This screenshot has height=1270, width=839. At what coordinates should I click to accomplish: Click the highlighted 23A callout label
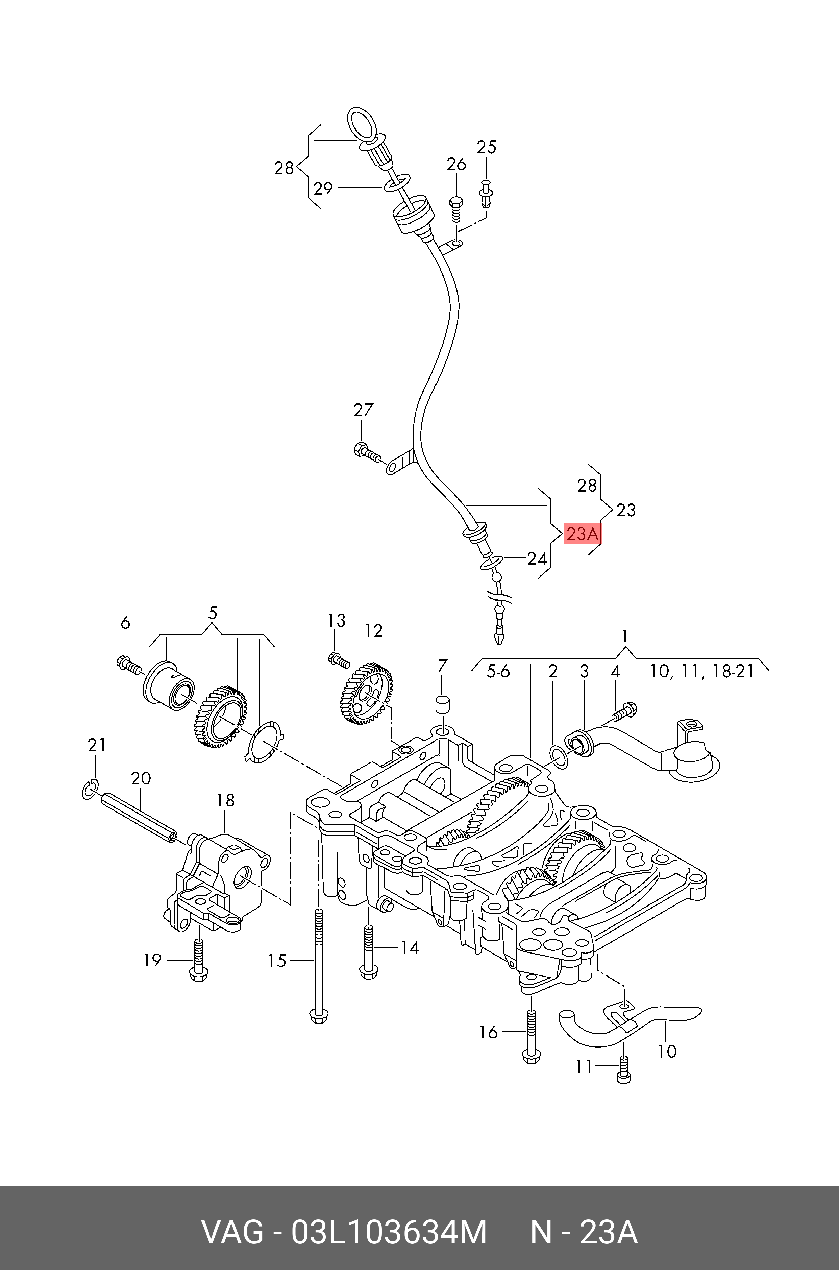click(x=583, y=534)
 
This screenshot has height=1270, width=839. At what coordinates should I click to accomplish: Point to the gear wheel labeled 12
click(x=367, y=692)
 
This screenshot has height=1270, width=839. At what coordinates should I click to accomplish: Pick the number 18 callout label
click(x=225, y=800)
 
